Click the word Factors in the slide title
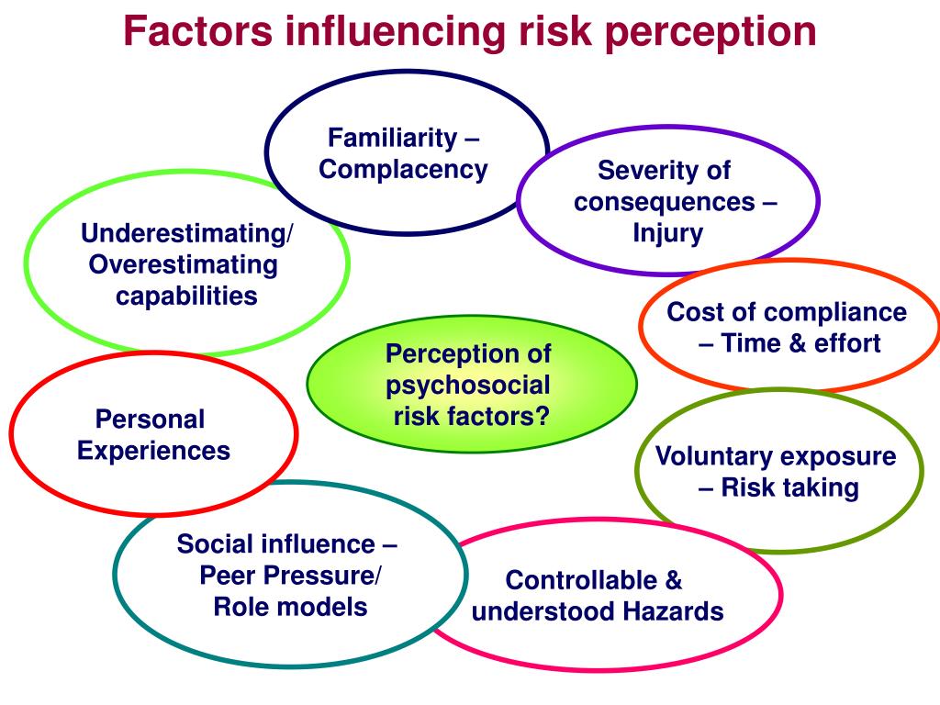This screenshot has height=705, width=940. pos(197,32)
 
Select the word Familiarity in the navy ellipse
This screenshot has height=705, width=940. pos(393,139)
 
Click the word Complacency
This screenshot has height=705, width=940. pos(403,170)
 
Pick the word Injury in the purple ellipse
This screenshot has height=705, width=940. pos(667,233)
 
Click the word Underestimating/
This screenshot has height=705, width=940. pos(187,233)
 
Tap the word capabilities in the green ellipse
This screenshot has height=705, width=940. pos(186,296)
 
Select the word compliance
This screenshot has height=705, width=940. pos(834,312)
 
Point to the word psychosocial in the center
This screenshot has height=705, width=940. pos(468,385)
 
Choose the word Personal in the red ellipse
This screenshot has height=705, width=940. pos(151,420)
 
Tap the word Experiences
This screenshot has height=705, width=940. pos(153,451)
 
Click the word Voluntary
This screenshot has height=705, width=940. pos(711,456)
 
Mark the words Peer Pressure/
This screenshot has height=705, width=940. pos(291,576)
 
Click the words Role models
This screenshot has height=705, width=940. pos(290,607)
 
